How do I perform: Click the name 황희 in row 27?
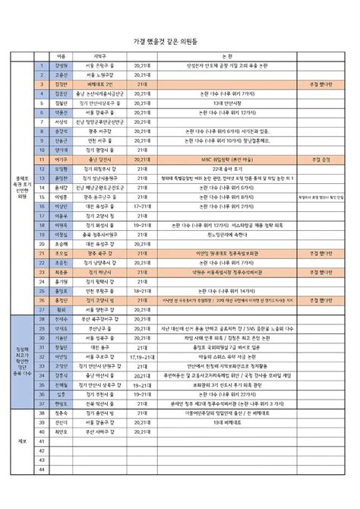(x=62, y=309)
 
